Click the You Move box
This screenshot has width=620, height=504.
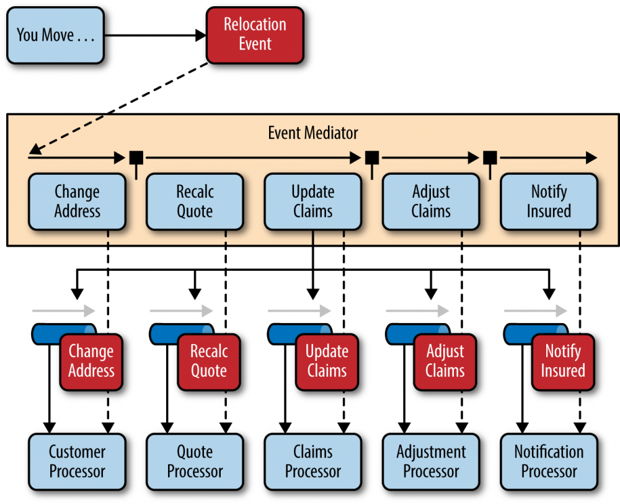(x=55, y=35)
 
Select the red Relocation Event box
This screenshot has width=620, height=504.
(x=255, y=35)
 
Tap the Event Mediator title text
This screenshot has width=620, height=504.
(x=312, y=133)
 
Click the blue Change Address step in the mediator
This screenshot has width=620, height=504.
(x=77, y=201)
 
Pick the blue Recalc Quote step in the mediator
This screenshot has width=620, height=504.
(x=195, y=201)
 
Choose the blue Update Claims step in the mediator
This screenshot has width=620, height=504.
(x=312, y=201)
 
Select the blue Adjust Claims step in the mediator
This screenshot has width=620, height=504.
(x=430, y=201)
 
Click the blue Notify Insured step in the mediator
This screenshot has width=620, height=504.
(x=549, y=201)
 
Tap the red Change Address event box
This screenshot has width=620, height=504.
(x=91, y=361)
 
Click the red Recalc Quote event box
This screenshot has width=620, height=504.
(x=209, y=361)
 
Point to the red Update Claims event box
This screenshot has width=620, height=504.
(x=327, y=361)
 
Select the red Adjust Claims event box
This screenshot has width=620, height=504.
(x=445, y=361)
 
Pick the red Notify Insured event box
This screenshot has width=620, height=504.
(x=563, y=361)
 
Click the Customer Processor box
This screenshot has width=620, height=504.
(x=77, y=462)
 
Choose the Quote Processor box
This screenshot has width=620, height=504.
(x=195, y=462)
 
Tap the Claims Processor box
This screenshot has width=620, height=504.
(x=312, y=462)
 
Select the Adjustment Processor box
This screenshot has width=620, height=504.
(x=430, y=462)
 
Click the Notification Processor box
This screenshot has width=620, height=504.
(x=549, y=462)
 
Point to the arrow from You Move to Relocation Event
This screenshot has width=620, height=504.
(x=155, y=35)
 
